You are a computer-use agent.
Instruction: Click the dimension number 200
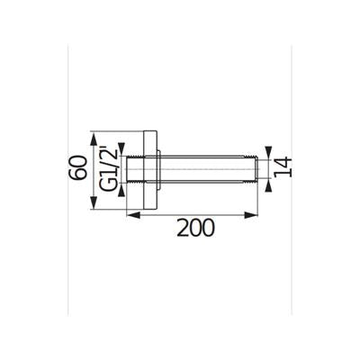tap(195, 228)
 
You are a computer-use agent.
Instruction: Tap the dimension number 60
tap(77, 167)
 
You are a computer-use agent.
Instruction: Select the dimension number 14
tap(283, 166)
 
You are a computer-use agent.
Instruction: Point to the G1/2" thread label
tap(108, 168)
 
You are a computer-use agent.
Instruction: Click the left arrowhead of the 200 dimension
tap(133, 215)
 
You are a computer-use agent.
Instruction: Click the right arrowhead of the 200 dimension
tap(251, 215)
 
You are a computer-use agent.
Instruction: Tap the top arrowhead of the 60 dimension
tap(94, 139)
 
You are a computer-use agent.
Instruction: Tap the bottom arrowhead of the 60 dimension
tap(94, 202)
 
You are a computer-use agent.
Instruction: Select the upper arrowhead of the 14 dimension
tap(268, 152)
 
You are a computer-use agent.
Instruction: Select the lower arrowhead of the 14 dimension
tap(268, 184)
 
